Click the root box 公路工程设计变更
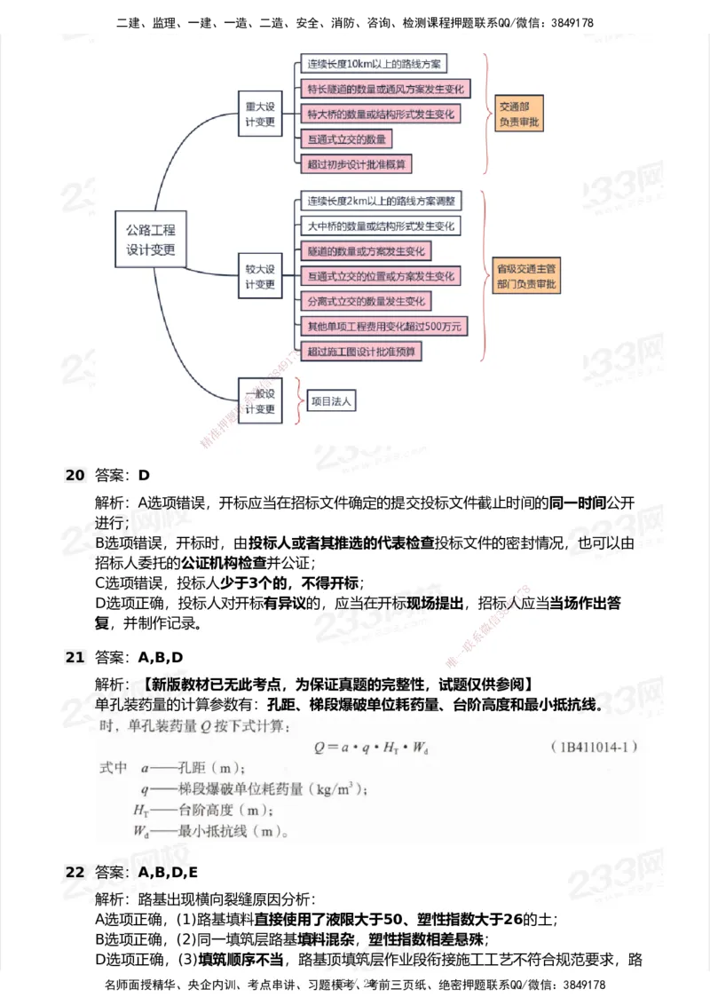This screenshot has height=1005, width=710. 151,240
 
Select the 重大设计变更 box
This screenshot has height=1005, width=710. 260,113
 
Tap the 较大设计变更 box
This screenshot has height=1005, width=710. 260,276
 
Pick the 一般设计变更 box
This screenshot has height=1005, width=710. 260,401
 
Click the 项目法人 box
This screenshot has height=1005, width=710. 331,401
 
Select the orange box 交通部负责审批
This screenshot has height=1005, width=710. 519,115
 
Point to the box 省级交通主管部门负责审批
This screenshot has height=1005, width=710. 528,276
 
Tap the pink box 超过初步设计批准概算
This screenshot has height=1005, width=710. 359,164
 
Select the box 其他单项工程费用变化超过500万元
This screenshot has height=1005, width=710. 384,327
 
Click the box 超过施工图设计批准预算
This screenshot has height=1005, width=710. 361,352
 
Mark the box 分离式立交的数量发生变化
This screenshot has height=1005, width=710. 367,301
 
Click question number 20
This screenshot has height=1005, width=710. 74,475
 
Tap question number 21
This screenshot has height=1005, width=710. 74,658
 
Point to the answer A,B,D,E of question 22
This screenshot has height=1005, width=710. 168,872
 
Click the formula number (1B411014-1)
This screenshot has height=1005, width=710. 594,748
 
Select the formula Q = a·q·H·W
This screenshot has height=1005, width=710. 372,748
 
